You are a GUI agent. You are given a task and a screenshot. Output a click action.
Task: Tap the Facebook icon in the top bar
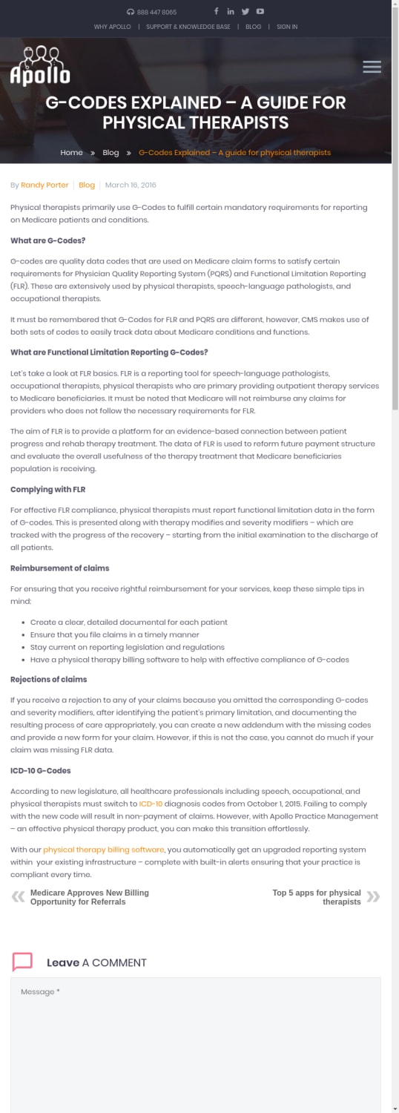pyautogui.click(x=217, y=11)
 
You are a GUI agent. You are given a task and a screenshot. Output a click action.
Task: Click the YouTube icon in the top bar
pyautogui.click(x=260, y=11)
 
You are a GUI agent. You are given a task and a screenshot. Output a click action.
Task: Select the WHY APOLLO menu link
pyautogui.click(x=112, y=27)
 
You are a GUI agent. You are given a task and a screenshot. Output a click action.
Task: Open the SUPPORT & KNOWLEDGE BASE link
pyautogui.click(x=188, y=27)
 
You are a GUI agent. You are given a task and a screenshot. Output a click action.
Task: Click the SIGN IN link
pyautogui.click(x=287, y=27)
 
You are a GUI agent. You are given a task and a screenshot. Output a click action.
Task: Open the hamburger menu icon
pyautogui.click(x=372, y=67)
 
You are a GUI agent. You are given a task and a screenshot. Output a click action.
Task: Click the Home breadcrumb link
pyautogui.click(x=71, y=152)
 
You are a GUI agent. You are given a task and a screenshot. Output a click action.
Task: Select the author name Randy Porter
pyautogui.click(x=44, y=185)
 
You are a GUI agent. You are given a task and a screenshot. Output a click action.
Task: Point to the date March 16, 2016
pyautogui.click(x=131, y=185)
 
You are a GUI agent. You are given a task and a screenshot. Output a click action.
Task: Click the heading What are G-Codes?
pyautogui.click(x=47, y=240)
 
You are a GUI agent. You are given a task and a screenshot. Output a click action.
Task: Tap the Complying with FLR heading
pyautogui.click(x=47, y=490)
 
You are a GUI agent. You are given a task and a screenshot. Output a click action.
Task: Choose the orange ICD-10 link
pyautogui.click(x=151, y=804)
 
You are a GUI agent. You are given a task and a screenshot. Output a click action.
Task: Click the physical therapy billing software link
pyautogui.click(x=103, y=849)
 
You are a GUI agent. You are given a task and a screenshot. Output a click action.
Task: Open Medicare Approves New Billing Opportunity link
pyautogui.click(x=89, y=897)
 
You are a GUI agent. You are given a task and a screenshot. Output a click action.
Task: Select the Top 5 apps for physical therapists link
pyautogui.click(x=317, y=897)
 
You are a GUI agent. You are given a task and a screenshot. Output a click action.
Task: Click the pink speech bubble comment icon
pyautogui.click(x=22, y=962)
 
